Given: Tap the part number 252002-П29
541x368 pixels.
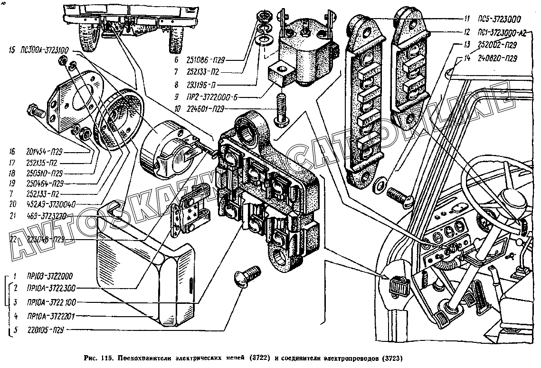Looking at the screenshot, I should tap(497, 45).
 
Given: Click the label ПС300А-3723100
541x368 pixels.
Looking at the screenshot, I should tap(43, 49).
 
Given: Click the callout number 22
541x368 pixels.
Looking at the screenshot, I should tap(13, 239).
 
